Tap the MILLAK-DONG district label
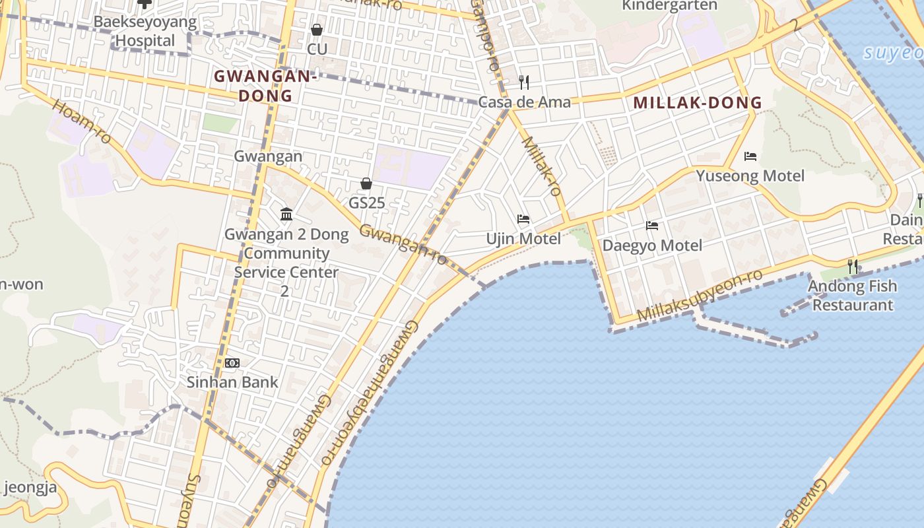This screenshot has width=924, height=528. (x=697, y=103)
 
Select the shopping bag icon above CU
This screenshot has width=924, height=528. (x=317, y=30)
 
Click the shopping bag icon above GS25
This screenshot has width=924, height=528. (x=366, y=183)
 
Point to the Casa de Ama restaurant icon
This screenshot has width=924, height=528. (x=524, y=82)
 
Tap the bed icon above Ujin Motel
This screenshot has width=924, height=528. (x=523, y=219)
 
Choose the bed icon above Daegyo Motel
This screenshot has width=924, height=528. (x=652, y=226)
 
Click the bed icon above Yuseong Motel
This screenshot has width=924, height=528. (x=750, y=156)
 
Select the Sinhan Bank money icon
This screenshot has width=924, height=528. (x=232, y=363)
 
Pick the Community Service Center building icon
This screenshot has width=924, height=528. (x=286, y=214)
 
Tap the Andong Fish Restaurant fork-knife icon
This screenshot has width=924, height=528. (x=853, y=267)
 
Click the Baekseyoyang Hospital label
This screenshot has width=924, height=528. (x=145, y=31)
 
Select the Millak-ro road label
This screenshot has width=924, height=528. (x=542, y=166)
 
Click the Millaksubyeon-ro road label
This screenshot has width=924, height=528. (x=700, y=296)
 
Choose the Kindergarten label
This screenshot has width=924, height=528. (x=669, y=5)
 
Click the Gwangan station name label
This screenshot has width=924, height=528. (x=268, y=156)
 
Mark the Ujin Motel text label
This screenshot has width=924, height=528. (x=523, y=238)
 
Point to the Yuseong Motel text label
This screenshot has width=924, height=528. (x=750, y=176)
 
